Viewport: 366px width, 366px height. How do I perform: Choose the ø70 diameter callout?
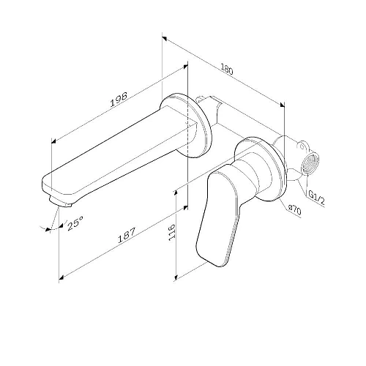tap(294, 209)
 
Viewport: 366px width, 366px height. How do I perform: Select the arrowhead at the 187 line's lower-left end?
tap(62, 276)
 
